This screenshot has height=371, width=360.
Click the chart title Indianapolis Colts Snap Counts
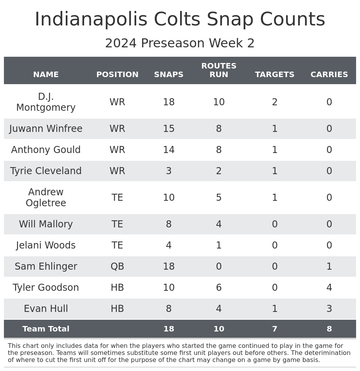point(180,20)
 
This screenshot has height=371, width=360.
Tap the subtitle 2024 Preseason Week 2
point(180,43)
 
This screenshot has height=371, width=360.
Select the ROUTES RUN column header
point(219,70)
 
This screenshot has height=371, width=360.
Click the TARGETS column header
point(275,75)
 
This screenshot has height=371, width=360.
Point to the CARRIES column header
point(329,75)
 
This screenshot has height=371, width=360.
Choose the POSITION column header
point(117,75)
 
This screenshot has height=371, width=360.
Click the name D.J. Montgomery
point(46,102)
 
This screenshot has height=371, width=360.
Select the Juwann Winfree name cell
point(46,129)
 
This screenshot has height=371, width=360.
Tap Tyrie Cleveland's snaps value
point(169,171)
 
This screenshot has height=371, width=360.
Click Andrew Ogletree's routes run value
point(219,198)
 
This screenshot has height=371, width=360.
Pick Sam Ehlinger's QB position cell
point(117,267)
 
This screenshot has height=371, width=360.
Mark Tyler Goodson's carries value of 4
point(329,288)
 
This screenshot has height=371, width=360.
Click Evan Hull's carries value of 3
point(329,309)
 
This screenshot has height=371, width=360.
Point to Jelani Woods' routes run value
point(219,245)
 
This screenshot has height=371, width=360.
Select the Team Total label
point(46,329)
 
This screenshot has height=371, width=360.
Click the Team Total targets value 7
point(275,329)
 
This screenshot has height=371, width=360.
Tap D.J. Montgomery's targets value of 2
point(275,102)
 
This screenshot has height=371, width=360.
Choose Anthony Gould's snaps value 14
point(169,150)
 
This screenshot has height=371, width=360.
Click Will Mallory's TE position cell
point(117,224)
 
